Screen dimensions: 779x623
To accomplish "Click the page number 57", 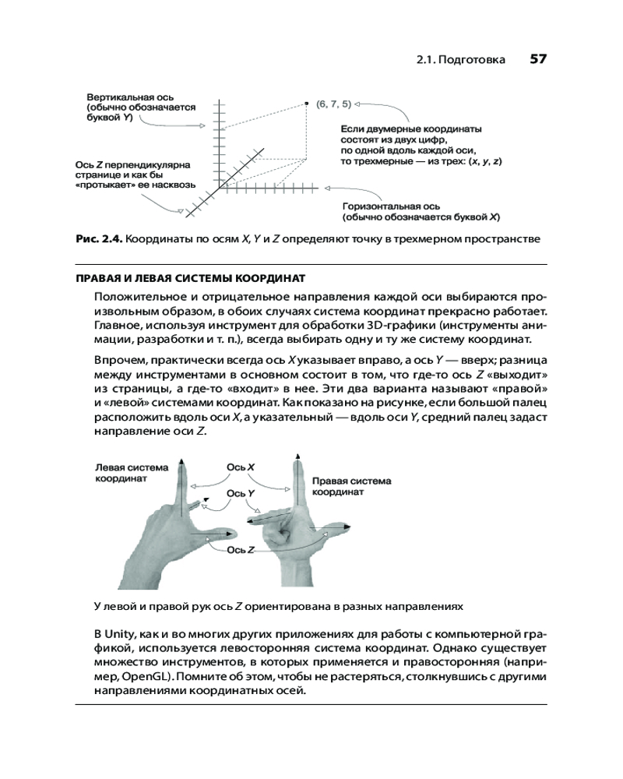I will [x=538, y=59].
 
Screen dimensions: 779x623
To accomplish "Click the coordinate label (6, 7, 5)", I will [x=334, y=103].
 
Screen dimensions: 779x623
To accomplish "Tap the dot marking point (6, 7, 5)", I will [x=309, y=102].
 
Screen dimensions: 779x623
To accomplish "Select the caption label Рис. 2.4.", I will [x=97, y=238].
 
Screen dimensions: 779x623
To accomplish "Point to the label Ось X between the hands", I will [x=241, y=467].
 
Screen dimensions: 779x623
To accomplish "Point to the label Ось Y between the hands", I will [x=241, y=493].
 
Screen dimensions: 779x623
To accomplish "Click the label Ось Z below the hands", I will [x=241, y=550].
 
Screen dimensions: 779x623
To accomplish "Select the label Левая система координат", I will [x=131, y=474].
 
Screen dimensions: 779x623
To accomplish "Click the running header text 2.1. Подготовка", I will [x=460, y=60].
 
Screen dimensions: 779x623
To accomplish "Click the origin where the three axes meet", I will [x=220, y=187].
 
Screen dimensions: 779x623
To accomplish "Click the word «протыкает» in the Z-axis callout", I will [x=104, y=186].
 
